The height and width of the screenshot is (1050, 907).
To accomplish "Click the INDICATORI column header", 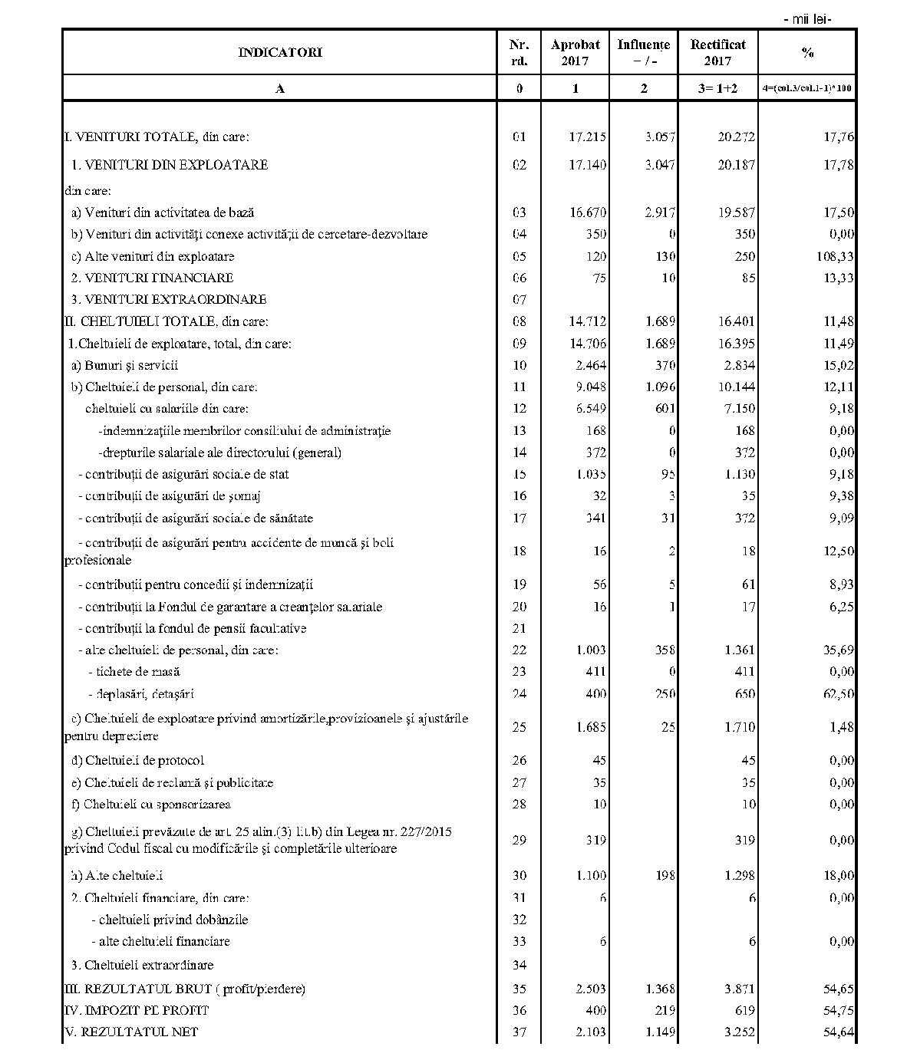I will click(280, 52).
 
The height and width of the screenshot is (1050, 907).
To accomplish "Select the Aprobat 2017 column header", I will click(575, 52).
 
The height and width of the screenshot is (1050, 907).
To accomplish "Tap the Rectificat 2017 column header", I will click(717, 52).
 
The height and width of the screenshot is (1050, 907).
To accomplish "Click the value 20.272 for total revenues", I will click(736, 137).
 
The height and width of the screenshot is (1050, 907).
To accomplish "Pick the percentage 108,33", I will click(835, 256).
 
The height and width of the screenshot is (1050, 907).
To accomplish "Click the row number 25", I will click(519, 726).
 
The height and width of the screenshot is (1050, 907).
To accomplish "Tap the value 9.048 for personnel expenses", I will click(588, 387).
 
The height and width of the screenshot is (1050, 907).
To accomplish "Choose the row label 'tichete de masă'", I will click(134, 672).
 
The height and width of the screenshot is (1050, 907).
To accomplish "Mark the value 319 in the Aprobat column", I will click(595, 840).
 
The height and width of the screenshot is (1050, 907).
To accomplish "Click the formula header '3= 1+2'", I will click(717, 88).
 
